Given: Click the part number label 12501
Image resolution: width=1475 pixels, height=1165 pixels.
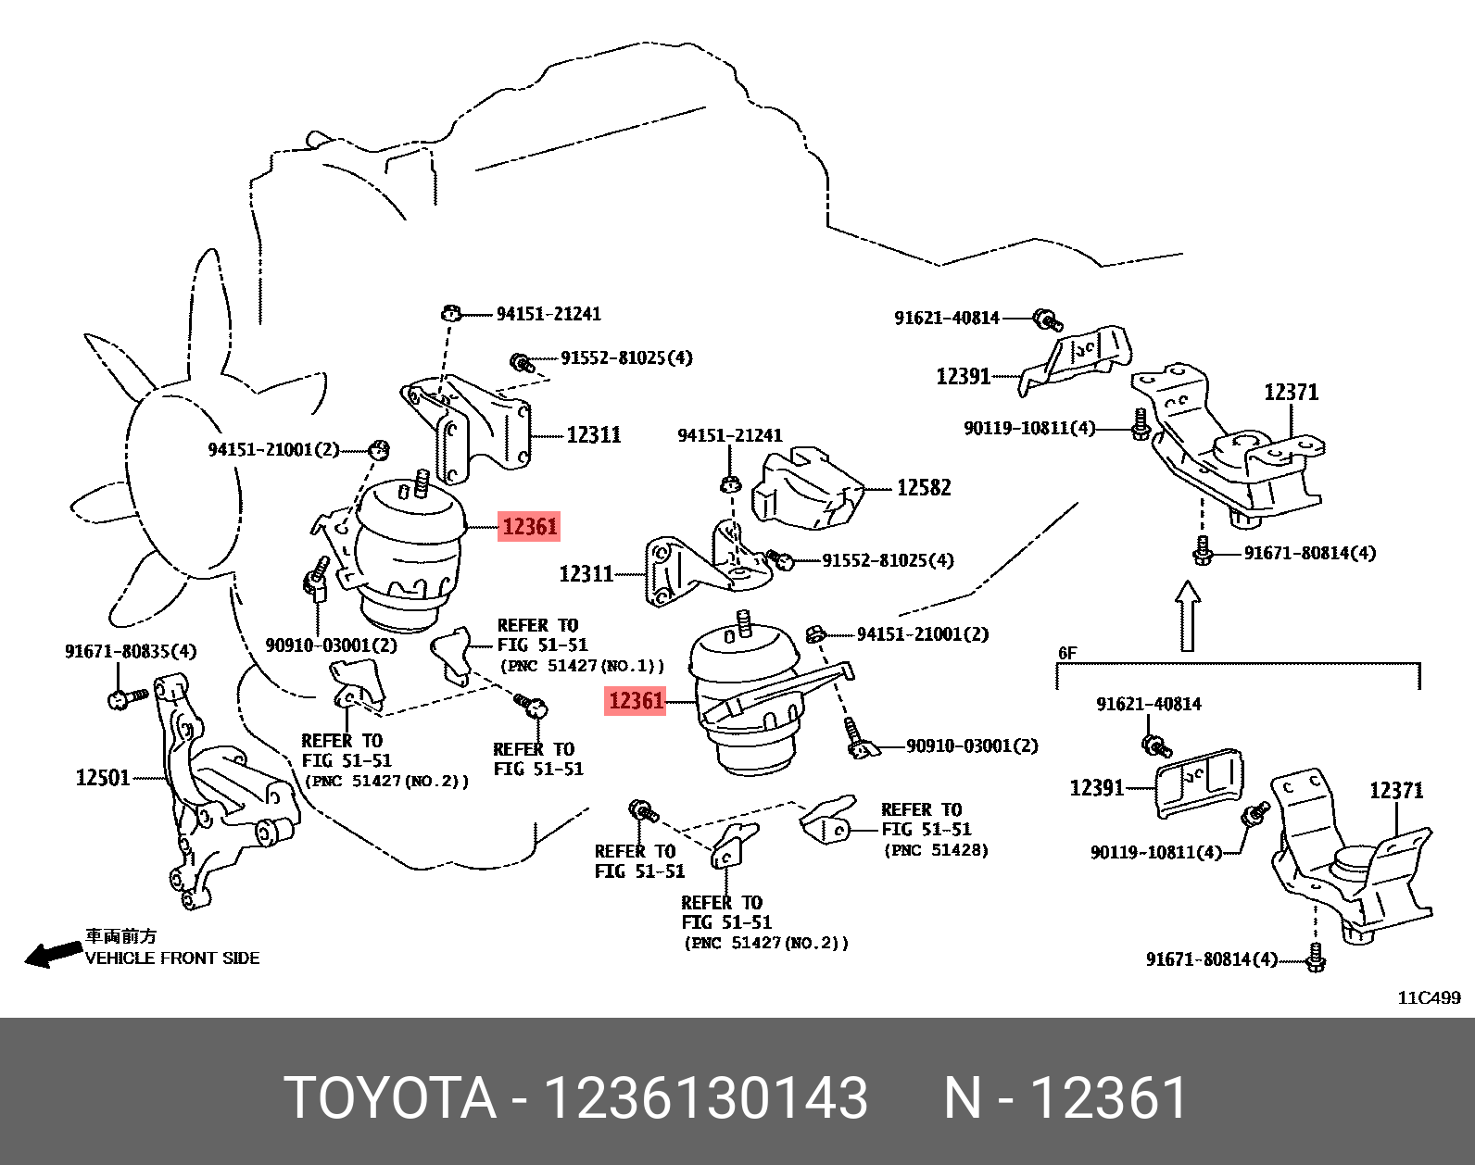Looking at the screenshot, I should [x=103, y=778].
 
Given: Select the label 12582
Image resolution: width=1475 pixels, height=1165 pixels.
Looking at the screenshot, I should [x=924, y=488].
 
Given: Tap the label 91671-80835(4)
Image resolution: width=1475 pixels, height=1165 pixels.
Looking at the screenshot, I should [x=131, y=652].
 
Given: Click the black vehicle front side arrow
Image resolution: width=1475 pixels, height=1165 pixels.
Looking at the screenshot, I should [x=52, y=954].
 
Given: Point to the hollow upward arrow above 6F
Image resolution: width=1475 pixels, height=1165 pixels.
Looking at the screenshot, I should [x=1188, y=616].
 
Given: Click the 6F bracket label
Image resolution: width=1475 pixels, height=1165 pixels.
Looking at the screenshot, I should [x=1067, y=653].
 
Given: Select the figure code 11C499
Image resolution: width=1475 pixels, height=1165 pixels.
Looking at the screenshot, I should [x=1428, y=997].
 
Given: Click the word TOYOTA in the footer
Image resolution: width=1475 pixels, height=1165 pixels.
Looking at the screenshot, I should [x=390, y=1098].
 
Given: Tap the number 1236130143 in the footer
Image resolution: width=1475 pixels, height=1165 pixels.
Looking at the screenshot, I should [x=705, y=1098].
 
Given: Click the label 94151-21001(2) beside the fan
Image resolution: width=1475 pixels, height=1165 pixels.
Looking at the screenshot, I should [x=273, y=450].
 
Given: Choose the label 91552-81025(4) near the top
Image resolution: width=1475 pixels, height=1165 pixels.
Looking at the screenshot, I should [x=626, y=358].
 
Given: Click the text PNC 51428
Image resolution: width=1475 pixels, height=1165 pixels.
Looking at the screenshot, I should [x=936, y=850].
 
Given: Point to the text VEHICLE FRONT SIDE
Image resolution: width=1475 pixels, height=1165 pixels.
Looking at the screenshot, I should [x=172, y=958].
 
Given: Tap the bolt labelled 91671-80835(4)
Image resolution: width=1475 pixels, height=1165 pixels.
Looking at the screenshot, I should [x=126, y=697].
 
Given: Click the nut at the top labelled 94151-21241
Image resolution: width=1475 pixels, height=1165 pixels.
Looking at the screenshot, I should [x=451, y=313].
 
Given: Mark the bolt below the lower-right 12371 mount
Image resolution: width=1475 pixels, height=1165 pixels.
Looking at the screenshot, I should [x=1316, y=958].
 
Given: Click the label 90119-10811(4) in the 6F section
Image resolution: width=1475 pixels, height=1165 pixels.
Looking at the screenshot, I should [x=1155, y=853].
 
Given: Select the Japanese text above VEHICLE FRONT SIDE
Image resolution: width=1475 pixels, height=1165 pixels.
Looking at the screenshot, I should [x=121, y=937].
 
